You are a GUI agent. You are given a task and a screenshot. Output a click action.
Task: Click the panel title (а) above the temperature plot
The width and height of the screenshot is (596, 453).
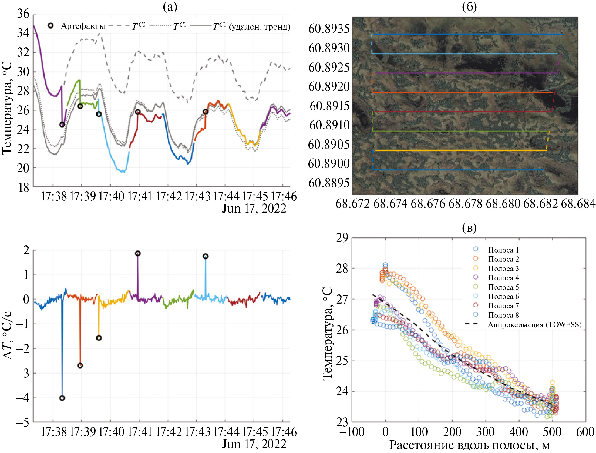tap(170, 7)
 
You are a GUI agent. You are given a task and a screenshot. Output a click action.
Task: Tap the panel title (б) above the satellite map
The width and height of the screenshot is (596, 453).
tap(469, 7)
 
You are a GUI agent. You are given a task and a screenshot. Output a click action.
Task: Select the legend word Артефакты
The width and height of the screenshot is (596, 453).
tap(83, 26)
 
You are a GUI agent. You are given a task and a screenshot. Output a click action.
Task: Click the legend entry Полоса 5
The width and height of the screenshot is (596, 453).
tap(503, 287)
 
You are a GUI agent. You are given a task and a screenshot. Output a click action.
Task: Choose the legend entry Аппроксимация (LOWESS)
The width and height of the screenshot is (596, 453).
tap(534, 325)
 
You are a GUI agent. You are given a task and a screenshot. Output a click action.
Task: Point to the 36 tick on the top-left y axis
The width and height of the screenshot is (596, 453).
tap(23, 14)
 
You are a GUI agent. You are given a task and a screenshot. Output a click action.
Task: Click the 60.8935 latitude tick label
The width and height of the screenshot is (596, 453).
tap(329, 29)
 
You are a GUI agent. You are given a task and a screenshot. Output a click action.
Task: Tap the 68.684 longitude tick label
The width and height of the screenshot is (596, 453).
tap(578, 204)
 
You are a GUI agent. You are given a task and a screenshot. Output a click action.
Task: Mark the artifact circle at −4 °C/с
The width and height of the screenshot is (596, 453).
tap(62, 398)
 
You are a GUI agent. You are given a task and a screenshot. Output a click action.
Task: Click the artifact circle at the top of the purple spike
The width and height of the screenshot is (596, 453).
tap(138, 253)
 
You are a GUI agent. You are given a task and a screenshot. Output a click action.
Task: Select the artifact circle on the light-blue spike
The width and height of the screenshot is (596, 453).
tap(206, 256)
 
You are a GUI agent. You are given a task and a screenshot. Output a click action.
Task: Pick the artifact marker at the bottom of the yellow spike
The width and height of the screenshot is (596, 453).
tap(99, 338)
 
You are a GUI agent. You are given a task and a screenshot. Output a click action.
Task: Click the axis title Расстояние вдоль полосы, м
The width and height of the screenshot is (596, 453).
tap(469, 445)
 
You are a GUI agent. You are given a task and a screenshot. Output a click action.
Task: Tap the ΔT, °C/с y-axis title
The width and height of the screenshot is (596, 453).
tap(8, 335)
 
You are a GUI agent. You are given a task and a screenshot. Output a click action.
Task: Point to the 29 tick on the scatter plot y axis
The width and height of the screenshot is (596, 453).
tap(342, 238)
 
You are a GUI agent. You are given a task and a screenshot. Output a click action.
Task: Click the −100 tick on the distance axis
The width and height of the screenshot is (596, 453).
tap(352, 432)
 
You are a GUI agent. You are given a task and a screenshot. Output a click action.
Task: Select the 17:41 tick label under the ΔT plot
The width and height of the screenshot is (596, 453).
tap(140, 432)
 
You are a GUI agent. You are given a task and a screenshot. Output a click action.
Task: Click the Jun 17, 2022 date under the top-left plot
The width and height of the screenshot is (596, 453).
tap(254, 209)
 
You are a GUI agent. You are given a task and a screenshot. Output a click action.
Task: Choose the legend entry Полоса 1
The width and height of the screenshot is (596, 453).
tap(503, 250)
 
